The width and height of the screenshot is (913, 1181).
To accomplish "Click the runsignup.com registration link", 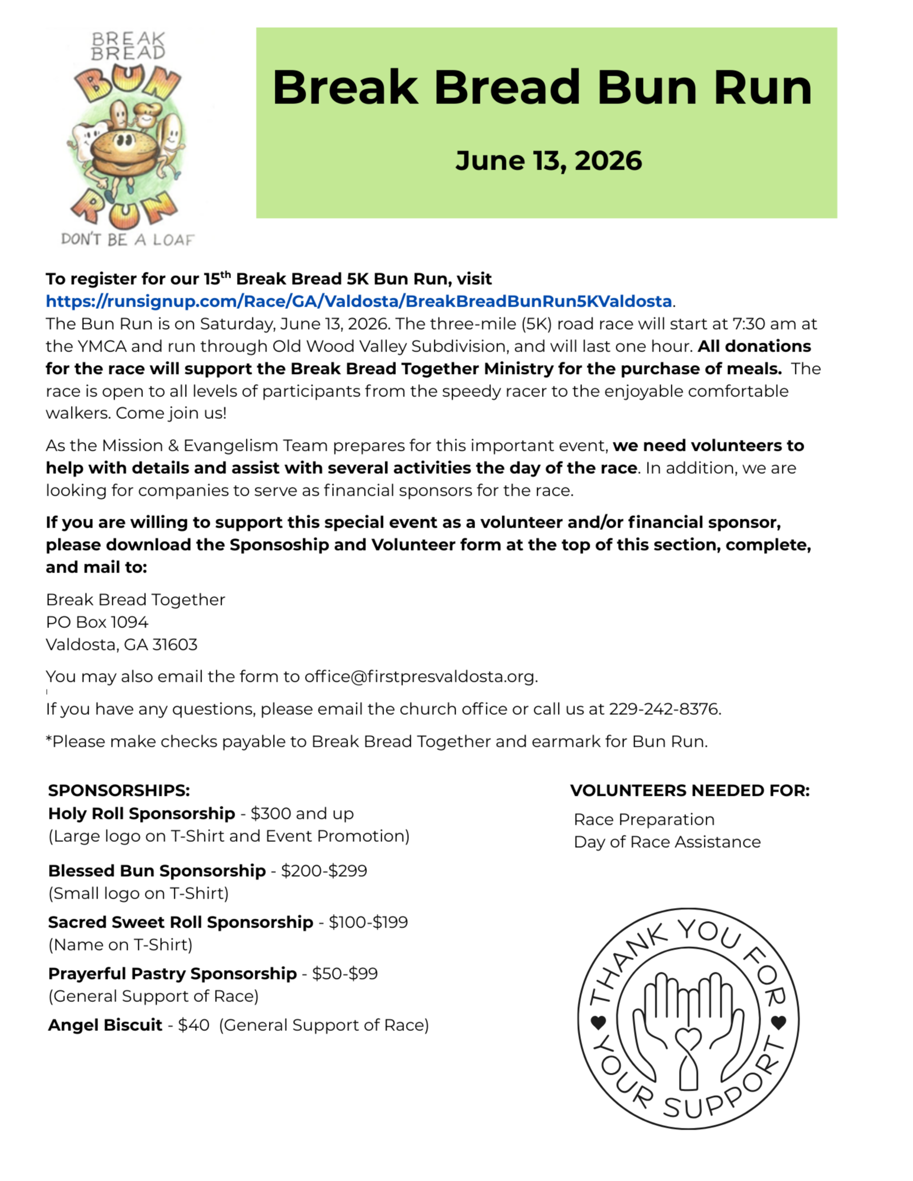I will tap(359, 301).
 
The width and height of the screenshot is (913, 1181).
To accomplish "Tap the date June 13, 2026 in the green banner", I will tap(548, 161).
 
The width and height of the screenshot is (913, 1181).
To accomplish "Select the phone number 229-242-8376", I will tap(664, 709).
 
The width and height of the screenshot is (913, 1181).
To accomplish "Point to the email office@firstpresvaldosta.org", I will tap(420, 676).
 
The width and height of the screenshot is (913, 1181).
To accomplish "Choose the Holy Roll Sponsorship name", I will tap(141, 814).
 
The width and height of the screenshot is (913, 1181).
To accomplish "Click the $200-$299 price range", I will tap(324, 871).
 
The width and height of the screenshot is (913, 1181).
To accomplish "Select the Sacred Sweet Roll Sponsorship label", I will tap(180, 922).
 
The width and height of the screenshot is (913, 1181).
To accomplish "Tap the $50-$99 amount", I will tap(345, 974).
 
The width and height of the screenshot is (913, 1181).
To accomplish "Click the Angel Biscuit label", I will tap(105, 1025).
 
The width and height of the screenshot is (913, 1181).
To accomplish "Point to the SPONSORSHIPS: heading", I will tap(119, 790).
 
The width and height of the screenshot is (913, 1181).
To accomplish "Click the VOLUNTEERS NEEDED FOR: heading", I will tap(690, 790).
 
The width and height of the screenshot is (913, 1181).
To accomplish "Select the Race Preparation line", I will tap(644, 819).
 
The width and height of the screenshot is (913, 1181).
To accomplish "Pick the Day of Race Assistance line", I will tap(667, 842).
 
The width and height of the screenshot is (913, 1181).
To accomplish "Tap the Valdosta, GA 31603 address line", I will tap(122, 645).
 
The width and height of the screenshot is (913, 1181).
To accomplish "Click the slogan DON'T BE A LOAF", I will tap(128, 239).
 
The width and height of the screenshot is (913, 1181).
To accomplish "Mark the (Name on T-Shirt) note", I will tap(121, 945).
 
